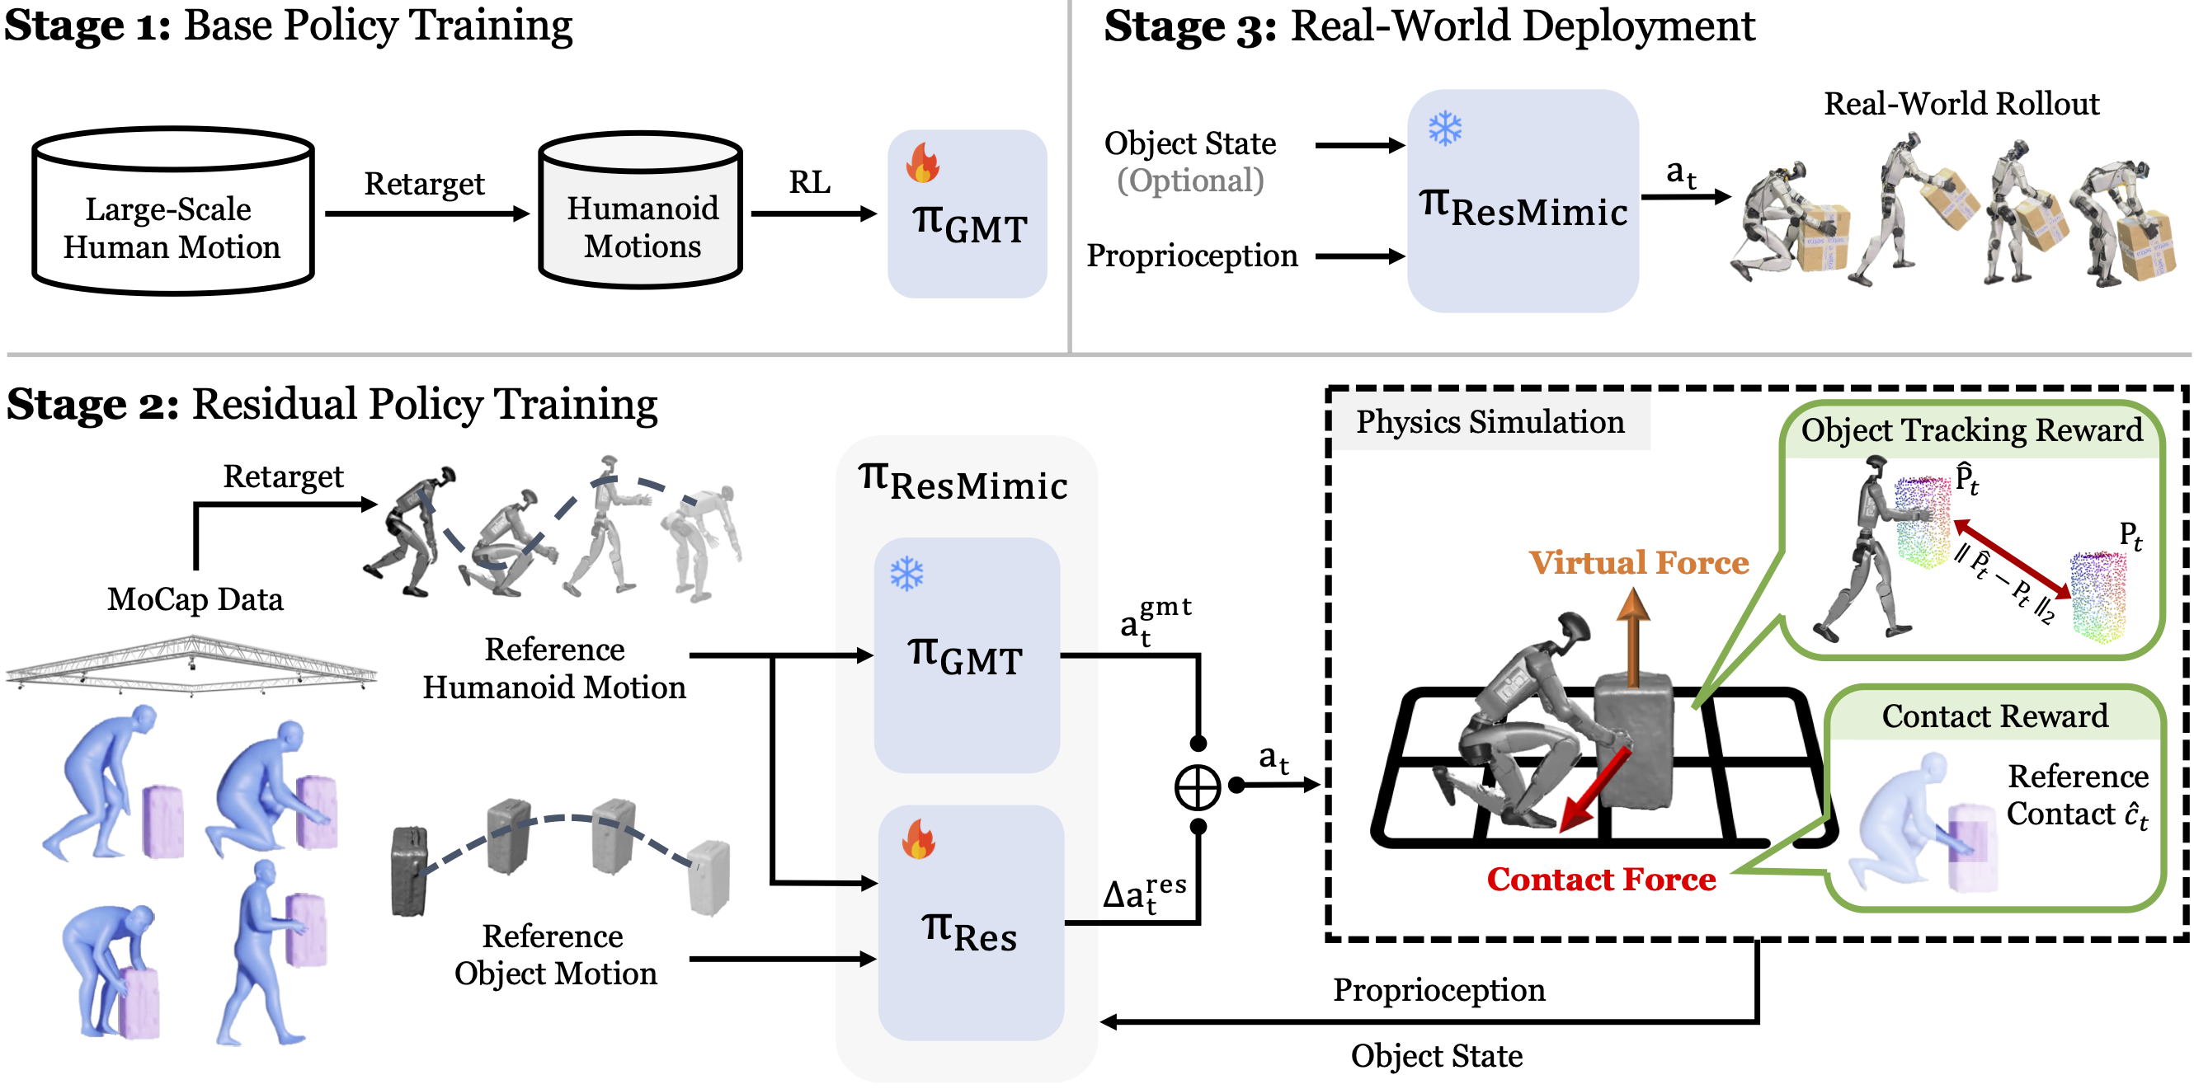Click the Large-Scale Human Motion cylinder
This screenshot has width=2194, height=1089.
coord(173,213)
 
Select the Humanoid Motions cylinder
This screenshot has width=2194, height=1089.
coord(642,213)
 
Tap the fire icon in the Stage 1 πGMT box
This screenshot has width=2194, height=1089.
coord(922,162)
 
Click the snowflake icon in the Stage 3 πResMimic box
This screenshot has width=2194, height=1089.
coord(1444,129)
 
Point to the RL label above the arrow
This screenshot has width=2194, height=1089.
coord(809,182)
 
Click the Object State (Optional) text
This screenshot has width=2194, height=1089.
coord(1190,162)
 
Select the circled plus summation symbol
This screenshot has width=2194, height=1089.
coord(1198,786)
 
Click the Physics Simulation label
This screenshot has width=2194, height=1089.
coord(1490,421)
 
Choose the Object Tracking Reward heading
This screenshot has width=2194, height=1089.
coord(1970,430)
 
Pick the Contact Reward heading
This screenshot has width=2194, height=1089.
coord(1994,716)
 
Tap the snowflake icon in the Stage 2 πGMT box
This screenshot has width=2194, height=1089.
coord(906,574)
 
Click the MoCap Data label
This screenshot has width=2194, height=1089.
coord(195,599)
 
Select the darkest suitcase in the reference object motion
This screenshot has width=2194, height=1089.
coord(408,871)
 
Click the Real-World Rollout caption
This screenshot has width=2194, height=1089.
coord(1961,104)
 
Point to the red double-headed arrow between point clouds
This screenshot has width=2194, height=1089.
coord(2012,560)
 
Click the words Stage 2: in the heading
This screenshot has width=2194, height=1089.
coord(92,406)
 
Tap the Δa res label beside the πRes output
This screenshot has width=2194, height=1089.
coord(1144,894)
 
